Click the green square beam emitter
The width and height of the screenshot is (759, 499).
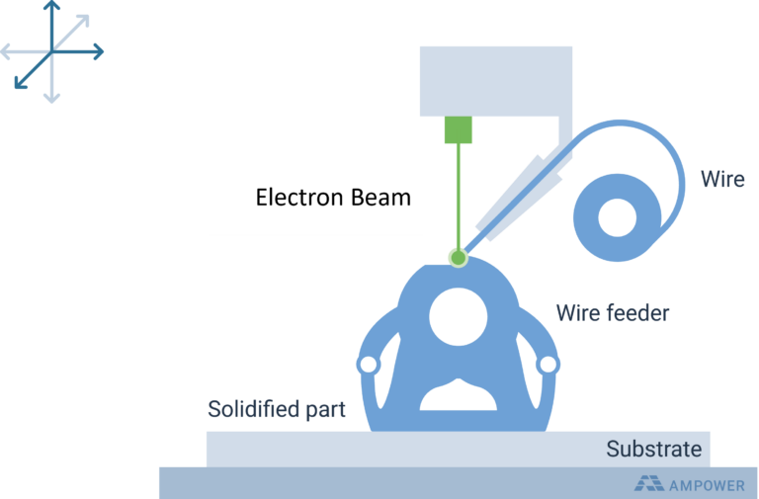click(459, 129)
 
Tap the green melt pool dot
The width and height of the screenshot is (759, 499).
click(458, 258)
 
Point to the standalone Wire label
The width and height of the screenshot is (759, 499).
click(722, 179)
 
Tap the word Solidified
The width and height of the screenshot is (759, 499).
click(253, 409)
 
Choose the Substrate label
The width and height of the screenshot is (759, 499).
click(654, 449)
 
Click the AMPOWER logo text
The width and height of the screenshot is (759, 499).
click(707, 485)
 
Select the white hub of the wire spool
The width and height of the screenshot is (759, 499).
click(617, 217)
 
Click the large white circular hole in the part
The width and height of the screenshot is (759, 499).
click(458, 317)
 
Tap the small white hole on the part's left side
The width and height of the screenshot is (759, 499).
click(369, 365)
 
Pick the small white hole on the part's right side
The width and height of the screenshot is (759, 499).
click(548, 365)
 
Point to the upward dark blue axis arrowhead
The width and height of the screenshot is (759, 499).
click(51, 5)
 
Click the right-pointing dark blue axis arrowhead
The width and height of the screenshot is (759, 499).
click(98, 51)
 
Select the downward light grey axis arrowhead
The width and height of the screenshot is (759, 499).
click(51, 97)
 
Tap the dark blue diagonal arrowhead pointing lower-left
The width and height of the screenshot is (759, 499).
click(21, 82)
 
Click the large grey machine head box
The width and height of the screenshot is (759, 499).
click(496, 81)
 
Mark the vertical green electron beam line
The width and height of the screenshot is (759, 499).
click(459, 196)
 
